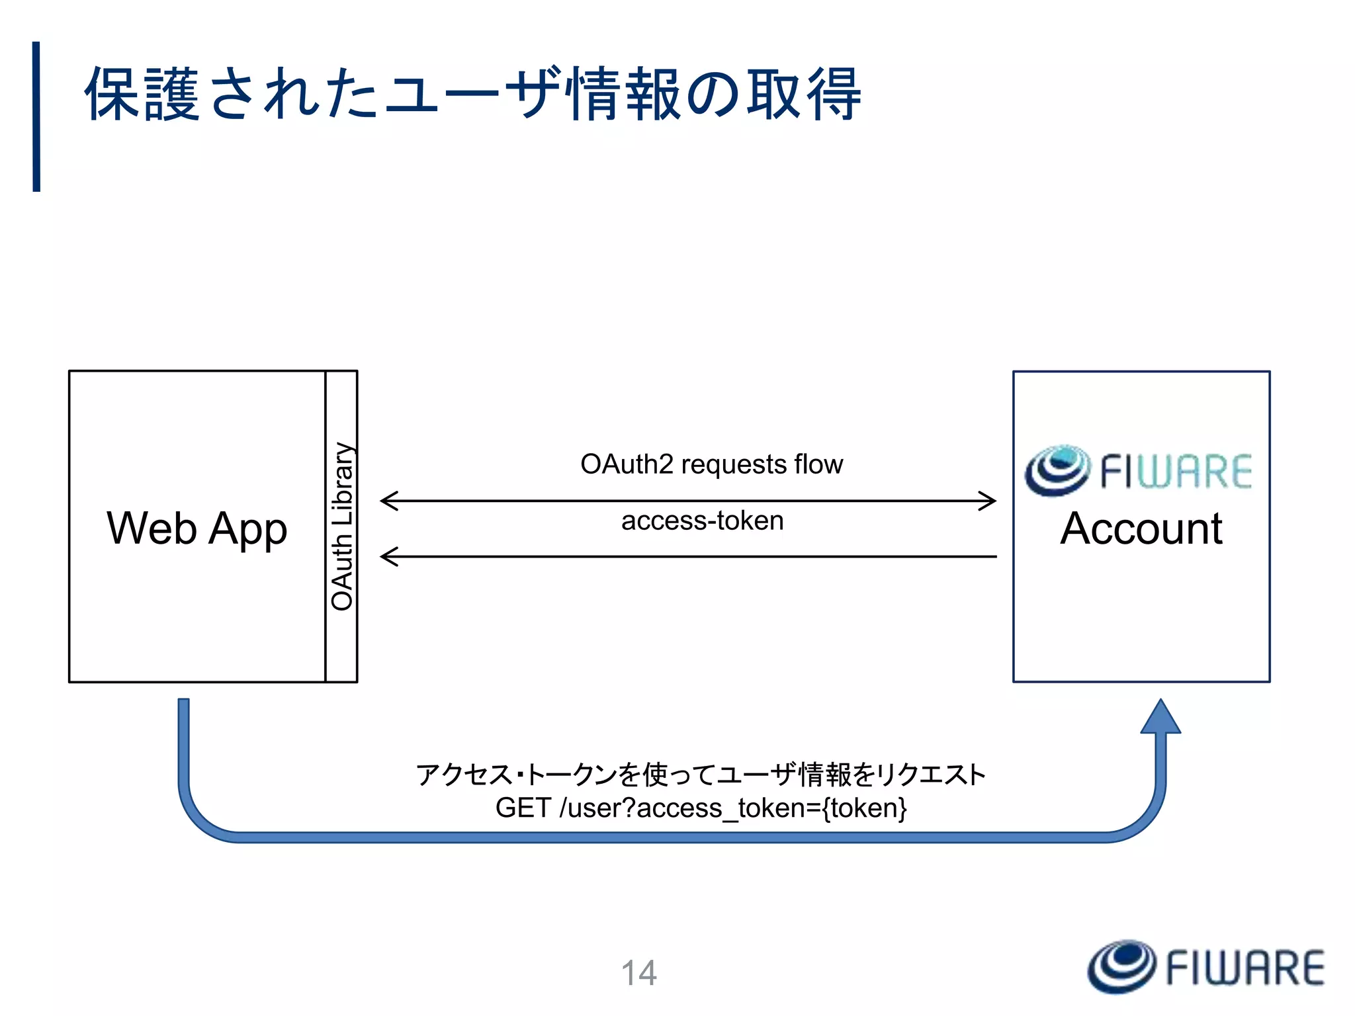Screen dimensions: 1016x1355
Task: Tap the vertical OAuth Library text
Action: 342,527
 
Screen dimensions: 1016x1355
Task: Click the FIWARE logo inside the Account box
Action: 1139,471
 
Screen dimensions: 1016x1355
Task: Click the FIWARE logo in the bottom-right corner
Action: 1206,967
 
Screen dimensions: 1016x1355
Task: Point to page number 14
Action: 638,973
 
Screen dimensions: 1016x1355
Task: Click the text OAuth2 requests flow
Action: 711,464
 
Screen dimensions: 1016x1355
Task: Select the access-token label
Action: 702,521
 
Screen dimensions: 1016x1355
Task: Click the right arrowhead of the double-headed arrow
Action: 989,501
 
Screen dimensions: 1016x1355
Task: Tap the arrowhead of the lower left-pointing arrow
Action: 389,556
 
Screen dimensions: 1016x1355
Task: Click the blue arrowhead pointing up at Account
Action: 1160,718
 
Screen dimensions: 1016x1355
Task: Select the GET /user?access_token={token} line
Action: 701,808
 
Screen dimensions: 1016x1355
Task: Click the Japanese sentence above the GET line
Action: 701,774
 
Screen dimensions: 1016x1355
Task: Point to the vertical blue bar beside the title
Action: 36,116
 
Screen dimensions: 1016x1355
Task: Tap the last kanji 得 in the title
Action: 833,94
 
